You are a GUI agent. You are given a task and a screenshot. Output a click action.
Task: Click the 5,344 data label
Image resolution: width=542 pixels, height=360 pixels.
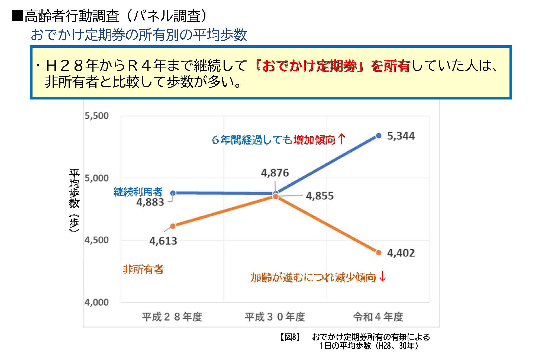401,136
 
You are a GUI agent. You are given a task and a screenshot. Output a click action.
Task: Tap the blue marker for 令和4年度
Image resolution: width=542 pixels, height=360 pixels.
379,136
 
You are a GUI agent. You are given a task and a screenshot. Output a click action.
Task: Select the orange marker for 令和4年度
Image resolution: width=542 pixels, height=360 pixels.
379,253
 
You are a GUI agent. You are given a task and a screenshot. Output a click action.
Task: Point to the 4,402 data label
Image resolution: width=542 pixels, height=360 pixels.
401,253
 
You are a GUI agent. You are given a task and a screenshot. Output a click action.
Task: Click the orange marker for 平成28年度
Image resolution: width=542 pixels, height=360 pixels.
173,226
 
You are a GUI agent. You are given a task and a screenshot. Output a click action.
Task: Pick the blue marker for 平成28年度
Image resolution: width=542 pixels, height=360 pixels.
173,193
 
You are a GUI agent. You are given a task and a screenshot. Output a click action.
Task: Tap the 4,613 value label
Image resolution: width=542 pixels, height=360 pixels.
163,241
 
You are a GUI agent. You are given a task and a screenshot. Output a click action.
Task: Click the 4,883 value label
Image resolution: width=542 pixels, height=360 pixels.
150,202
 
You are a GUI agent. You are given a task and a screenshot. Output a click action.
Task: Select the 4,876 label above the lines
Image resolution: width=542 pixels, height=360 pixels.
275,173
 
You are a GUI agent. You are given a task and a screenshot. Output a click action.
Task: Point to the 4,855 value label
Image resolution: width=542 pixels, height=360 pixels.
320,196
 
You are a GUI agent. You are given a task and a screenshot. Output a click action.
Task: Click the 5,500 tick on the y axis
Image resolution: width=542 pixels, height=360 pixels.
96,116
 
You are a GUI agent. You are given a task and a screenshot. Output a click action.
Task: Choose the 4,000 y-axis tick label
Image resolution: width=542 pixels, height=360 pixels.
96,302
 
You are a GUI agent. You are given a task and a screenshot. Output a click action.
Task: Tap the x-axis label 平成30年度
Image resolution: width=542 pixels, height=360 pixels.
275,317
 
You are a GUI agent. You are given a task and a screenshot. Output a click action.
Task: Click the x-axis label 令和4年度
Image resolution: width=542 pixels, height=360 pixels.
378,317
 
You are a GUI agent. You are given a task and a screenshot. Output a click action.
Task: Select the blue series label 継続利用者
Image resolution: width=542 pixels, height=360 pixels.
138,192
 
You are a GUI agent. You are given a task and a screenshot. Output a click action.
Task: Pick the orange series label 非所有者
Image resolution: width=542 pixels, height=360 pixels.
143,269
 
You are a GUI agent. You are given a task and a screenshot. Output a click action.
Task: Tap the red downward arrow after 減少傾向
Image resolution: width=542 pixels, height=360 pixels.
382,277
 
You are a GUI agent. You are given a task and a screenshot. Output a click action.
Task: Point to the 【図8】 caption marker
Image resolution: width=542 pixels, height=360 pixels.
290,337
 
